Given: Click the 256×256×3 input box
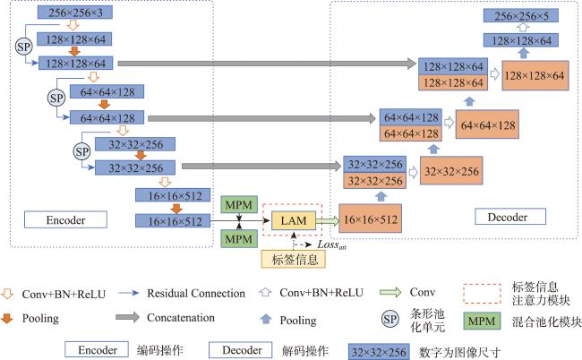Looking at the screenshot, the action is (x=75, y=13).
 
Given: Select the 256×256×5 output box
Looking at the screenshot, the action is (x=521, y=15).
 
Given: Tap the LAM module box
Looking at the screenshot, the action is (x=294, y=221).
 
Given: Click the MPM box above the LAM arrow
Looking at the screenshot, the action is (x=239, y=204).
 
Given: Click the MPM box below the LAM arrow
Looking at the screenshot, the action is (x=239, y=238).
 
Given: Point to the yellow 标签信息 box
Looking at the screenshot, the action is (x=294, y=259).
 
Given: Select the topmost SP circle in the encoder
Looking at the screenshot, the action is (x=24, y=47).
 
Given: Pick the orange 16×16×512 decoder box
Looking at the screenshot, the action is (x=371, y=219).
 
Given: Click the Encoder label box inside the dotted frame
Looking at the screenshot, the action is (x=65, y=219).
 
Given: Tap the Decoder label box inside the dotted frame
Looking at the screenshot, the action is (x=510, y=217).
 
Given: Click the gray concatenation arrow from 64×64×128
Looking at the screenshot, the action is (x=262, y=118).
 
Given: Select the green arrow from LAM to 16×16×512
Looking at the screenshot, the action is (x=328, y=221).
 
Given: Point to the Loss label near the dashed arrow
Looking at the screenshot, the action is (x=331, y=244).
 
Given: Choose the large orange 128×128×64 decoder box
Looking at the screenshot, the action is (x=535, y=76).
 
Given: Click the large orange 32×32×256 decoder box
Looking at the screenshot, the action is (x=451, y=171).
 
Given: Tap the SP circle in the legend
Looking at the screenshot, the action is (x=389, y=320).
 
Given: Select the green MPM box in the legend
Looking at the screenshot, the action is (x=482, y=321).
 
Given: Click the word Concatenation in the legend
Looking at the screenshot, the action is (x=181, y=318).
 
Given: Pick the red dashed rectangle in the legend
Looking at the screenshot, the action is (x=482, y=294).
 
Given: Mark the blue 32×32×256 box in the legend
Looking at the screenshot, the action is (x=379, y=352).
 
